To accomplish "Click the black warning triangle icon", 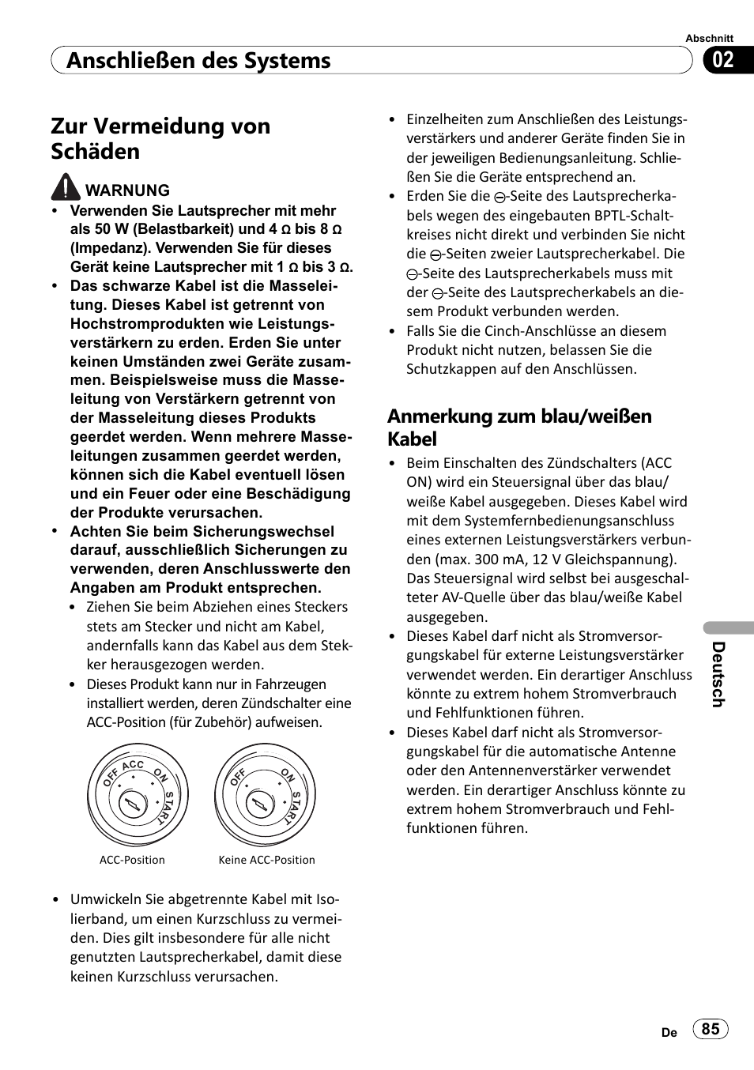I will click(x=66, y=187).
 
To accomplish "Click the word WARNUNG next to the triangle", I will click(x=127, y=190).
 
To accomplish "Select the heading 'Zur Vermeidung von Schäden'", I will click(x=160, y=138).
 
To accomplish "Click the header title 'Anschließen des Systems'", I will click(x=198, y=61).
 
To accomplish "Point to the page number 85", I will click(x=711, y=1028).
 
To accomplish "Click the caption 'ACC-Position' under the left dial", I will click(x=132, y=860).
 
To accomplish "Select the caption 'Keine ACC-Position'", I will click(x=266, y=860).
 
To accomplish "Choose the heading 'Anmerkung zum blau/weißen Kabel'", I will click(x=519, y=428).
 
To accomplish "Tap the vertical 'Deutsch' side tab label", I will click(x=718, y=673).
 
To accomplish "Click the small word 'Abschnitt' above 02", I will click(x=709, y=38).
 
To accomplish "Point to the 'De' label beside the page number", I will click(x=669, y=1032).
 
